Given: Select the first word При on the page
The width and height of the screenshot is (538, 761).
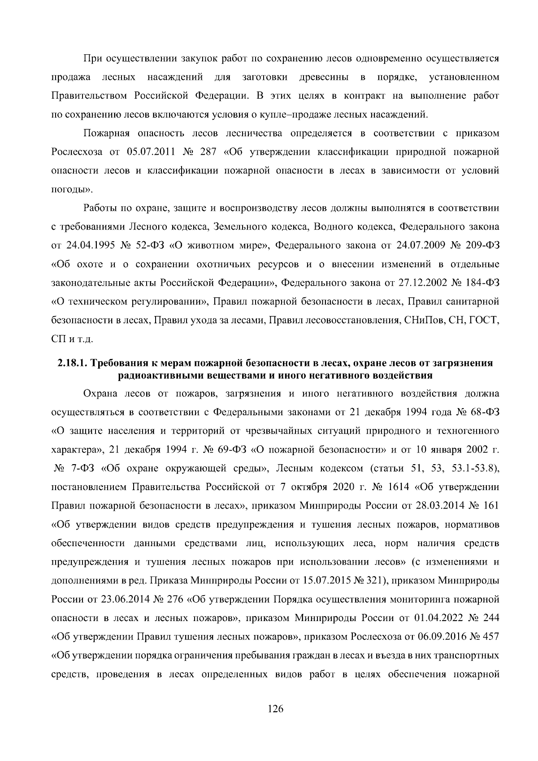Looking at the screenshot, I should (x=91, y=58).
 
